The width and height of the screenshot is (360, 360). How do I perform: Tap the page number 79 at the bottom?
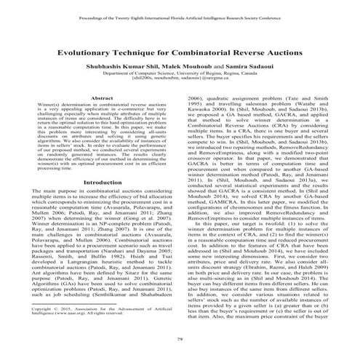[180, 342]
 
